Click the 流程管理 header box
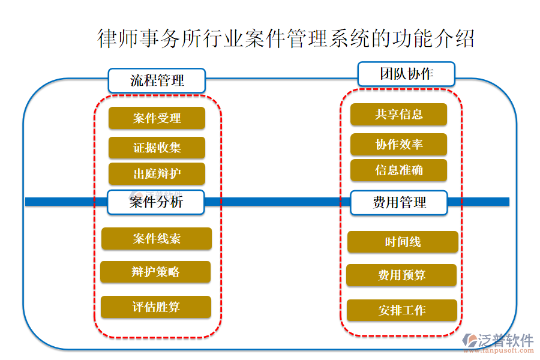(157, 80)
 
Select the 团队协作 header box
(406, 74)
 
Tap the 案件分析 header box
(156, 202)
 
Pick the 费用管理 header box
(400, 203)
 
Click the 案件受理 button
(157, 118)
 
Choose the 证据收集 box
(157, 148)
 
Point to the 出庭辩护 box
(157, 174)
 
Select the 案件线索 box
(157, 239)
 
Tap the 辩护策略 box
(155, 272)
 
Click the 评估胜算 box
(156, 307)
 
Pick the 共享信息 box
(398, 115)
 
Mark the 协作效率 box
(398, 145)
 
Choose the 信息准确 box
(398, 170)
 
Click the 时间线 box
(403, 242)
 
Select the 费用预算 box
(401, 275)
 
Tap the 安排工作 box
(402, 311)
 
